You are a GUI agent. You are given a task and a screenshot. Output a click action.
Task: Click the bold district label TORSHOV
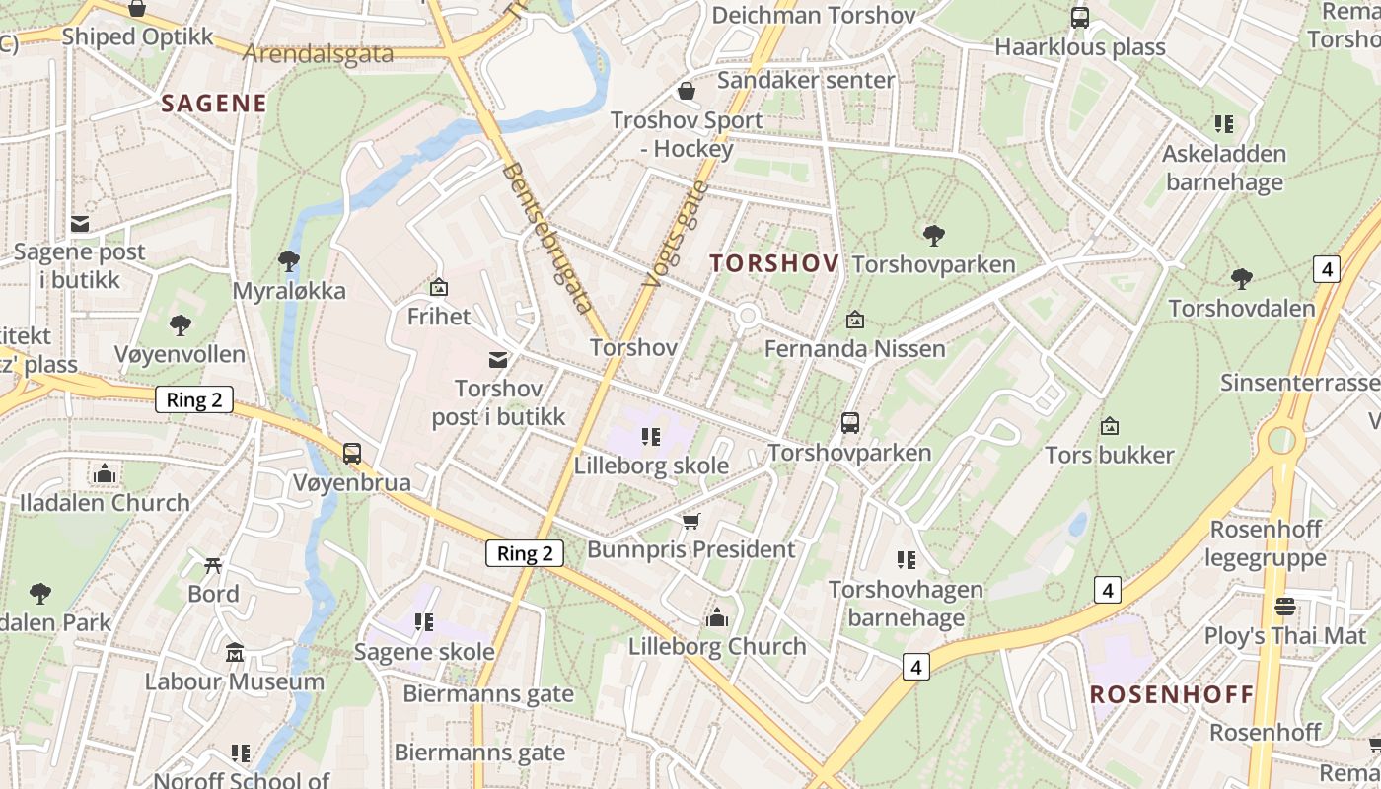774,263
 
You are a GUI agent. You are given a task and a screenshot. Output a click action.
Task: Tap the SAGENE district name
214,104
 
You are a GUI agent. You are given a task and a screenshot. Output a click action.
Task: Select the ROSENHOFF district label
1171,694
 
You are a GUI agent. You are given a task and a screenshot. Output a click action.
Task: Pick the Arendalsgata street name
318,53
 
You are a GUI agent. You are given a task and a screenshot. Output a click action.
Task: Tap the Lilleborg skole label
652,466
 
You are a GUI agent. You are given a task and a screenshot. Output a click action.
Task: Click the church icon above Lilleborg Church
717,617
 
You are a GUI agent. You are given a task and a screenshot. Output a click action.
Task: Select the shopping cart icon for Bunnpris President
691,520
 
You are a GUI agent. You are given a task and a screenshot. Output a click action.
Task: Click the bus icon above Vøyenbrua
352,454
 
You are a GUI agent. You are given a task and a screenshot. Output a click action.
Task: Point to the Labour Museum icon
235,652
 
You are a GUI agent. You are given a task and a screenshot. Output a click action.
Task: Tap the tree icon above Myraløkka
289,261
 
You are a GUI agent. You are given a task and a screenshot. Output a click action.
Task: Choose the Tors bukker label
1110,455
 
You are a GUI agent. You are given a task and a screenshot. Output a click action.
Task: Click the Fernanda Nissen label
854,348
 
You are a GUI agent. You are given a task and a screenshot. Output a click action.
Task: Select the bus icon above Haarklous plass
1080,17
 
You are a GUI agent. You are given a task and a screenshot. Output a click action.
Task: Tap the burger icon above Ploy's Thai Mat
1284,606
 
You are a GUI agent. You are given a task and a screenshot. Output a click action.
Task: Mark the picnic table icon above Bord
213,565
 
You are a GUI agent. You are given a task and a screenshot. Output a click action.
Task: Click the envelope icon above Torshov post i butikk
499,360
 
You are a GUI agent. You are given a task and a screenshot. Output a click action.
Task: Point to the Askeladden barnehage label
1224,168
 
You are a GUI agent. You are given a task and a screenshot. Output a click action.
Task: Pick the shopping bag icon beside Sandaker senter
687,91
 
